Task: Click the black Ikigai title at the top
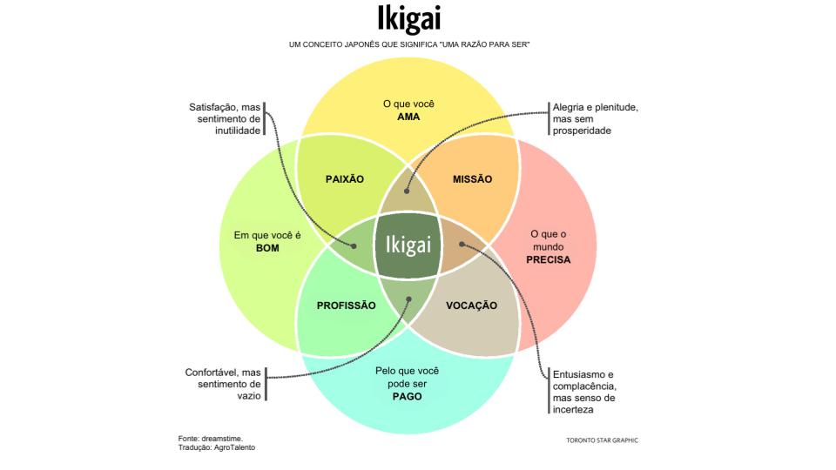coord(409,20)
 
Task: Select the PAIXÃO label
coord(344,179)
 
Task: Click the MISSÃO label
coord(473,179)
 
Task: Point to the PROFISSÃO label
coord(347,305)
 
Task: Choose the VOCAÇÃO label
coord(471,305)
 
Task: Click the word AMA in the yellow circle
coord(408,117)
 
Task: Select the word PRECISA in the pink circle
coord(549,260)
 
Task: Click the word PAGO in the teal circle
coord(407,396)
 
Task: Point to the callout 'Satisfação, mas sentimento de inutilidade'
coord(225,118)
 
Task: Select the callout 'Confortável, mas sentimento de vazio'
coord(223,383)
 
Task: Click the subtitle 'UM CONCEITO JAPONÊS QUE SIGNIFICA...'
coord(409,44)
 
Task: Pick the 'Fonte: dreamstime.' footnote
coord(206,438)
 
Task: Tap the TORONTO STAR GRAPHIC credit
coord(602,440)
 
